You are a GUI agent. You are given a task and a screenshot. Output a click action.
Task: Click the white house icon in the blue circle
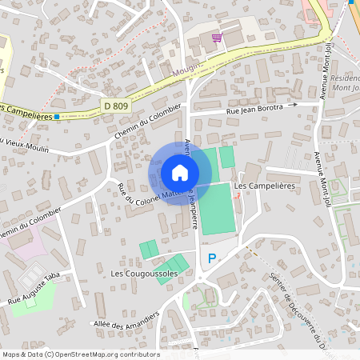[x=180, y=173]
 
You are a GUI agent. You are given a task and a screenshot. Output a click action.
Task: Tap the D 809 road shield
[x=115, y=105]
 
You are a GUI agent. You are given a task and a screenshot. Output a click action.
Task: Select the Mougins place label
[x=189, y=71]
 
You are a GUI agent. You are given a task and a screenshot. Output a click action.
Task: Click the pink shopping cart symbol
[x=216, y=38]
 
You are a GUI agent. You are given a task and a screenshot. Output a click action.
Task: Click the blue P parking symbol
[x=212, y=258]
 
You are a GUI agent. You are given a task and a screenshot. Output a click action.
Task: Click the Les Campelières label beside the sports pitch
[x=262, y=186]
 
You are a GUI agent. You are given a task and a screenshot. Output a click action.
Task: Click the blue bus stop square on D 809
[x=57, y=117]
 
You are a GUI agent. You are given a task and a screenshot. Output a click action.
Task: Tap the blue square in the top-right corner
[x=352, y=2]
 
